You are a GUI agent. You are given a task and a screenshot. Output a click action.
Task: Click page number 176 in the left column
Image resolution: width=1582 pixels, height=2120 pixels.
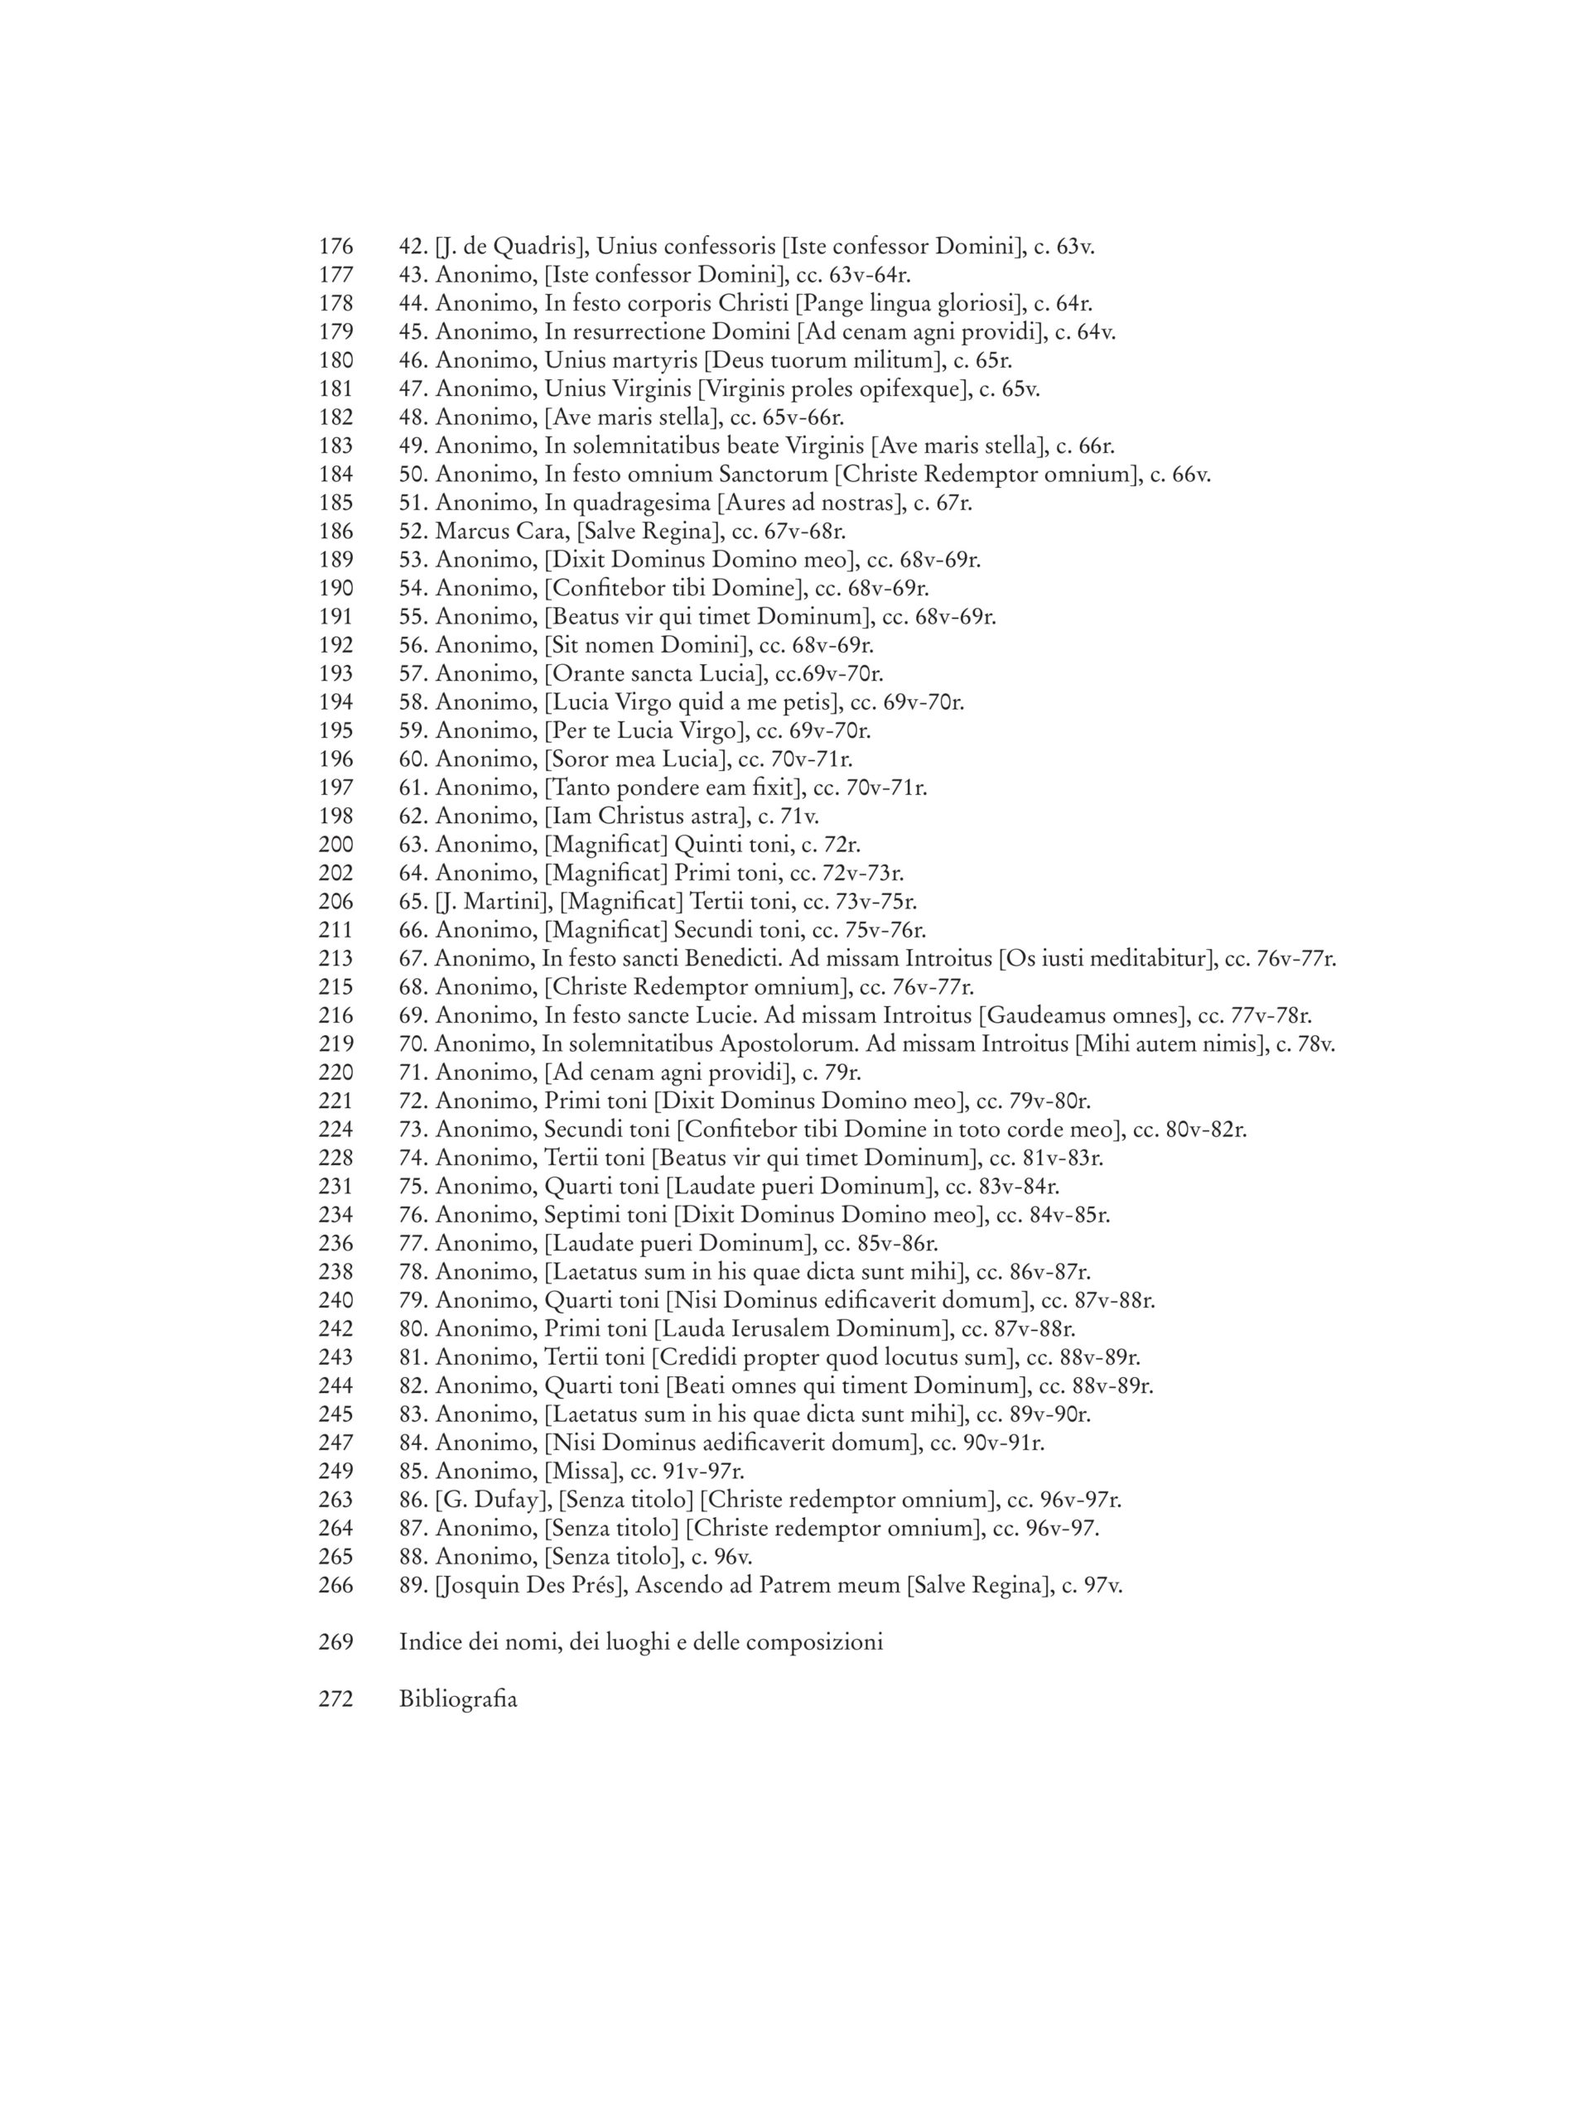pos(335,247)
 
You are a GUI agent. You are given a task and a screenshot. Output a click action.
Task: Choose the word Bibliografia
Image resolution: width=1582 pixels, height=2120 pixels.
pos(458,1701)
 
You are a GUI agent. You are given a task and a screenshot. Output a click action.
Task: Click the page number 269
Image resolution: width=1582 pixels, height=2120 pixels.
pos(335,1643)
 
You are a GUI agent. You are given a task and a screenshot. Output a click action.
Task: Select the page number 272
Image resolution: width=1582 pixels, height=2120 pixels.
pos(335,1701)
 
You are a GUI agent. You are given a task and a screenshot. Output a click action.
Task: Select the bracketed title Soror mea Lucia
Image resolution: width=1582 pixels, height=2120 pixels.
pos(637,760)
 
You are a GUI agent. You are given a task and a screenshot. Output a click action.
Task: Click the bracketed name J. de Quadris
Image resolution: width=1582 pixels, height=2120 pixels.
pos(510,247)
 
